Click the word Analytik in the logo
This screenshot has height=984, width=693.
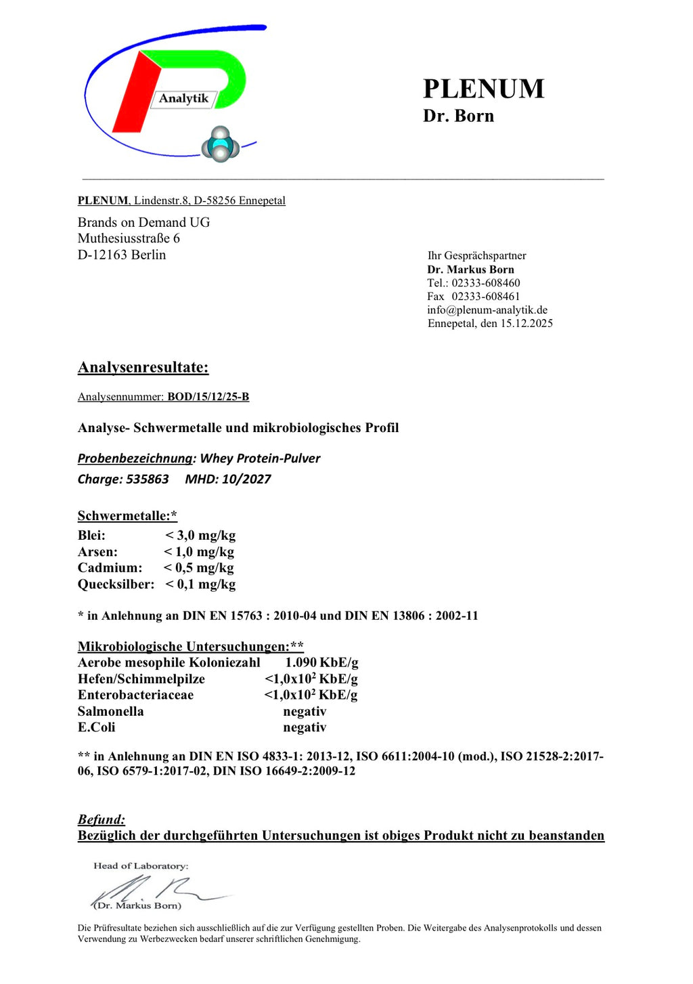click(183, 99)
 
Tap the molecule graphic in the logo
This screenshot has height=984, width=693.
click(220, 144)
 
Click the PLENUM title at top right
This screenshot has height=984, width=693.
click(483, 89)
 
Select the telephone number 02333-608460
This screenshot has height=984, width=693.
click(486, 283)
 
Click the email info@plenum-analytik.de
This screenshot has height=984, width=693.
click(487, 310)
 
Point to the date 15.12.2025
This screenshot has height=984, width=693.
click(527, 324)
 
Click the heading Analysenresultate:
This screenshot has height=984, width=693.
click(143, 368)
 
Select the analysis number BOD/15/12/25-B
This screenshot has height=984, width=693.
click(208, 397)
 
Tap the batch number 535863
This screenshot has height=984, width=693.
click(147, 479)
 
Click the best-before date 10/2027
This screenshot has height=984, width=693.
click(246, 479)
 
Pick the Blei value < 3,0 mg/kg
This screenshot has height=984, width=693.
click(200, 536)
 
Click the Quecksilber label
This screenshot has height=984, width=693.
click(116, 584)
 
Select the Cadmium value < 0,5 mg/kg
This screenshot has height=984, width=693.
click(198, 568)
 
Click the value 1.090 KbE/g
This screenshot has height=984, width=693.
click(321, 663)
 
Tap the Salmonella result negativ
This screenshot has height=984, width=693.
click(305, 712)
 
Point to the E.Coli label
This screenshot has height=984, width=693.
click(96, 728)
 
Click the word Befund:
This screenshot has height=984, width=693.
click(102, 820)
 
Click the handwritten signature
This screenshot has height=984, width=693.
click(156, 889)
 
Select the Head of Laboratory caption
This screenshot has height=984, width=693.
click(141, 866)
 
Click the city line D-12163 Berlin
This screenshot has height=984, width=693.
click(122, 255)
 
